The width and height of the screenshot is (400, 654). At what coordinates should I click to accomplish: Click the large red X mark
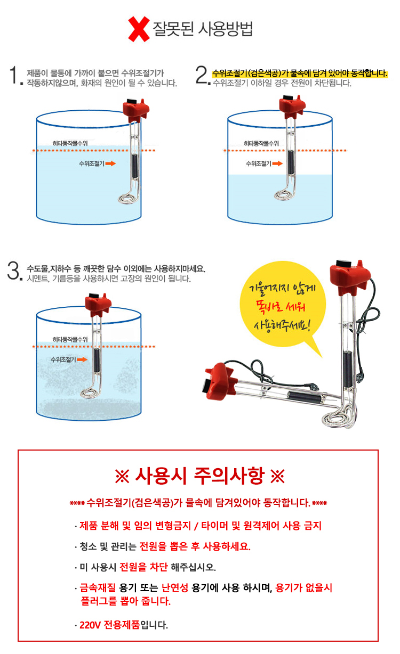(x=139, y=29)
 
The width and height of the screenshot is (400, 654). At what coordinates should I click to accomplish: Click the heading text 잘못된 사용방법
(x=203, y=28)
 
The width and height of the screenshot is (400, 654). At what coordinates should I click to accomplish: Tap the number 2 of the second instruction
(x=202, y=76)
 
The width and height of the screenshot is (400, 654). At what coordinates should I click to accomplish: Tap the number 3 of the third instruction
(x=12, y=271)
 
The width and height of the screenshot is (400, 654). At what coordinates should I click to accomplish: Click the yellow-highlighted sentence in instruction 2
(x=299, y=73)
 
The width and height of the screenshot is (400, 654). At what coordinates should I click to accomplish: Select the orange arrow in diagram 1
(x=110, y=164)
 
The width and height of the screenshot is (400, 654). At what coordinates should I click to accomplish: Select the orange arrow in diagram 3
(x=82, y=359)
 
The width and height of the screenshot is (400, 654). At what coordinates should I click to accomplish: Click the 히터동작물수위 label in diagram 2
(x=261, y=144)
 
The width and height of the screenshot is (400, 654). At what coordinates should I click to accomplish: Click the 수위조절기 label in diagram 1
(x=91, y=164)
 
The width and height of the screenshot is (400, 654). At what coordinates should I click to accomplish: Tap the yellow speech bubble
(x=281, y=309)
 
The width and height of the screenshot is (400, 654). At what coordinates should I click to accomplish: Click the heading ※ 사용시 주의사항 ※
(x=199, y=476)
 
